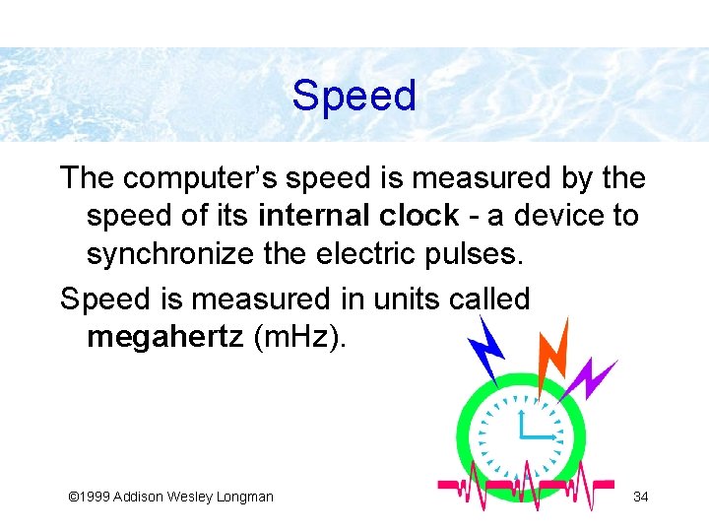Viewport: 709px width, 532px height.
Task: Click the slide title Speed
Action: click(354, 97)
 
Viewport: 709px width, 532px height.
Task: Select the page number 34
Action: click(640, 496)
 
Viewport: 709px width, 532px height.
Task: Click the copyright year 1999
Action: click(94, 497)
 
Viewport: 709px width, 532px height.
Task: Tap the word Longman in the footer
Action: click(244, 497)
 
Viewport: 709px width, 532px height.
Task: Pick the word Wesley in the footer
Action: click(187, 497)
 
